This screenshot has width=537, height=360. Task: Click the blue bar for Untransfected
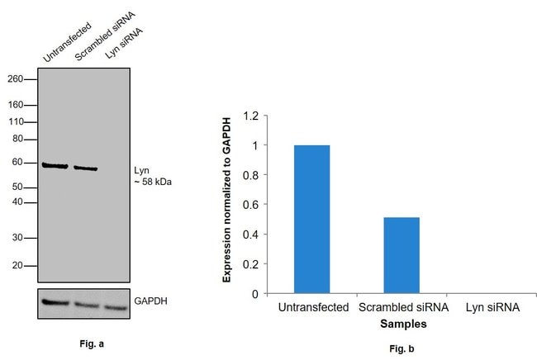coord(311,219)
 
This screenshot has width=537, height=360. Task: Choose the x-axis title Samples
coord(400,324)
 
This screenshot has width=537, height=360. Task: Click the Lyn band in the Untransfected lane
coord(55,166)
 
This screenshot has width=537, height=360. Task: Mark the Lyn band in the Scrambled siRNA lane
coord(85,168)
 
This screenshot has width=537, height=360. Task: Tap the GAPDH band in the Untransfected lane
coord(55,302)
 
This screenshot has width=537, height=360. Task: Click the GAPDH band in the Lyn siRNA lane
coord(116,307)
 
